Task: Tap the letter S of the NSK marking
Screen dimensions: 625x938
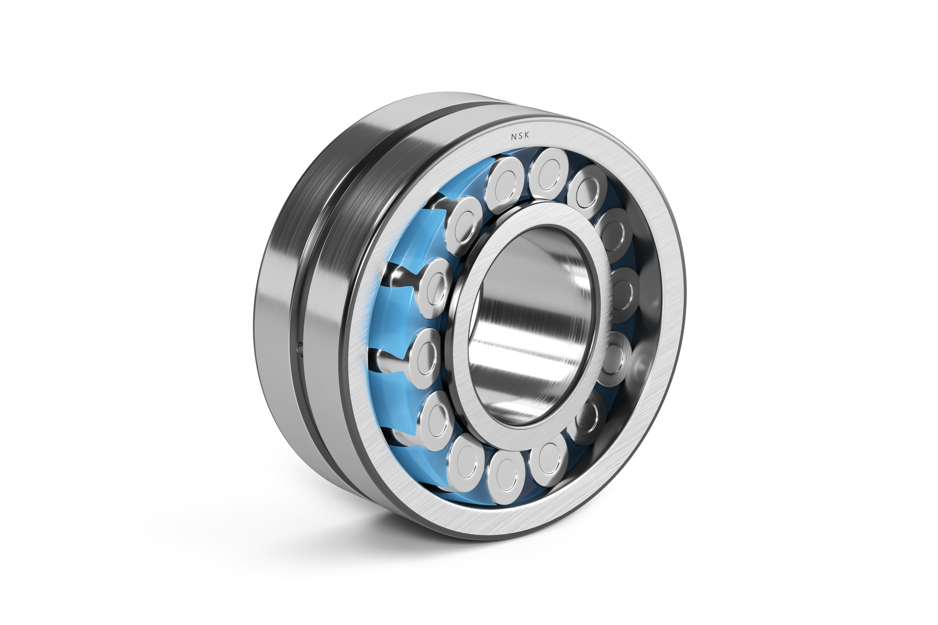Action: tap(520, 136)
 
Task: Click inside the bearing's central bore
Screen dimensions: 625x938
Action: tap(530, 327)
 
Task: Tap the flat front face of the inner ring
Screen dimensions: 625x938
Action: tap(470, 391)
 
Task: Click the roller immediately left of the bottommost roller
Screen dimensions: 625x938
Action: tap(466, 462)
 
